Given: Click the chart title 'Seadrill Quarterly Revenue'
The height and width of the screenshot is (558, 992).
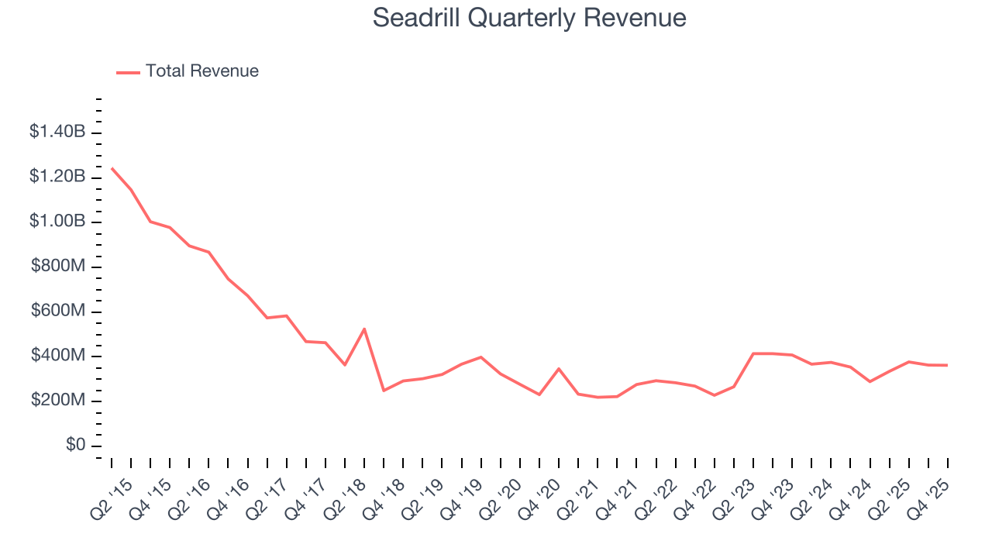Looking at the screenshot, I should click(x=529, y=18).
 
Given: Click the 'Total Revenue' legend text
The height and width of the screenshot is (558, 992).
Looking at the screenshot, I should click(x=201, y=71).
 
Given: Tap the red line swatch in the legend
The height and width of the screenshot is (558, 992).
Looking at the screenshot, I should click(x=128, y=72).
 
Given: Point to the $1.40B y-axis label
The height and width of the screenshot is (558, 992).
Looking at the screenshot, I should click(x=57, y=132).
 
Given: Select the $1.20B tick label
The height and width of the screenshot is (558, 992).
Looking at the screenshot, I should click(x=57, y=177).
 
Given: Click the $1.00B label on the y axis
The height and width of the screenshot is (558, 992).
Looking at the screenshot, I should click(x=57, y=222).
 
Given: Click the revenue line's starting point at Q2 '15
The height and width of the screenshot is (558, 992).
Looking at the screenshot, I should click(x=112, y=168).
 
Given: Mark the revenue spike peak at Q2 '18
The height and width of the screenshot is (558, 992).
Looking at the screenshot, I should click(x=364, y=329).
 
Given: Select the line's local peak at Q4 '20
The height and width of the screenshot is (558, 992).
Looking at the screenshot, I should click(x=559, y=369).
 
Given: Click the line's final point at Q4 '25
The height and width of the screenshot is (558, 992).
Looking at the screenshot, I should click(x=947, y=365).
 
